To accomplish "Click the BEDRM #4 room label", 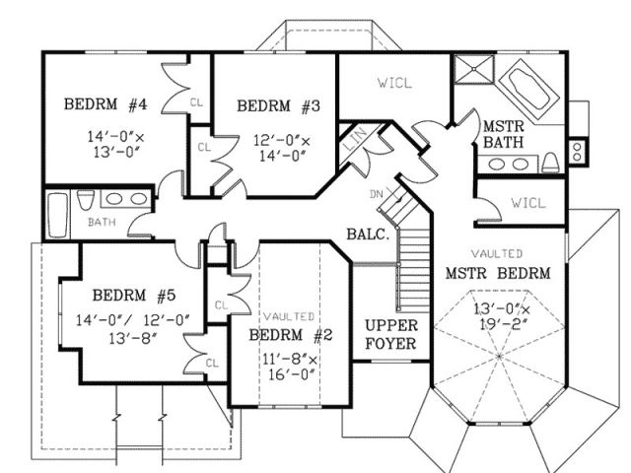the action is (105, 104).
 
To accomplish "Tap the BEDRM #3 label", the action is (278, 106).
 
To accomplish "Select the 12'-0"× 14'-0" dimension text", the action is (282, 148).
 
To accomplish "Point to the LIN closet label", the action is (356, 139).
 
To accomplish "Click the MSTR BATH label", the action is (504, 134).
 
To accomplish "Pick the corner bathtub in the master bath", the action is (528, 92).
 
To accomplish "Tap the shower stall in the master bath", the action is (474, 69).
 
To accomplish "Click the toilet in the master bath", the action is (550, 163).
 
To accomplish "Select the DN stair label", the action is (377, 194).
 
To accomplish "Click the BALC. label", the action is (368, 235).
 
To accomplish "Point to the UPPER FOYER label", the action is (390, 334).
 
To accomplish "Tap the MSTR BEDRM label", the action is (498, 274).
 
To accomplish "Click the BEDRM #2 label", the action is (291, 335).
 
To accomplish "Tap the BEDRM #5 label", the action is (134, 296).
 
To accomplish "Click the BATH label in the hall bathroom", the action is (102, 222).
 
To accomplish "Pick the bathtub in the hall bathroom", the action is (57, 215).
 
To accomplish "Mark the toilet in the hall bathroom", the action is (86, 199).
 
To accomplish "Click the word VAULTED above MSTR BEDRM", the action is (497, 254).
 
